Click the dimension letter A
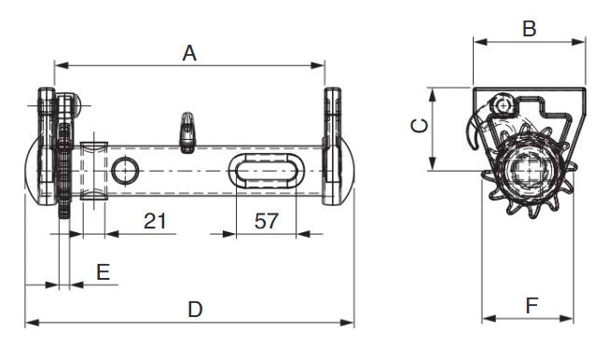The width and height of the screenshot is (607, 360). point(189,53)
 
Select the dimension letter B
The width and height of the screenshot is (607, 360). point(530,29)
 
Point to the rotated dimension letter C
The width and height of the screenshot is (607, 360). point(420,126)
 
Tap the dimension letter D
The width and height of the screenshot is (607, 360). point(195,310)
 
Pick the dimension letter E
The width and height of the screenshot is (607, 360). point(103,271)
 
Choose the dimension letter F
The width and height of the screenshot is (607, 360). point(531,305)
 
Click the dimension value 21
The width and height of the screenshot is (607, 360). point(155,221)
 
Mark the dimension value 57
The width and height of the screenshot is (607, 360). point(267,221)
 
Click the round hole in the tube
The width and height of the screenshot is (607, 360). point(125,171)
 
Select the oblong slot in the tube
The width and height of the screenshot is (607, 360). point(267,171)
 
